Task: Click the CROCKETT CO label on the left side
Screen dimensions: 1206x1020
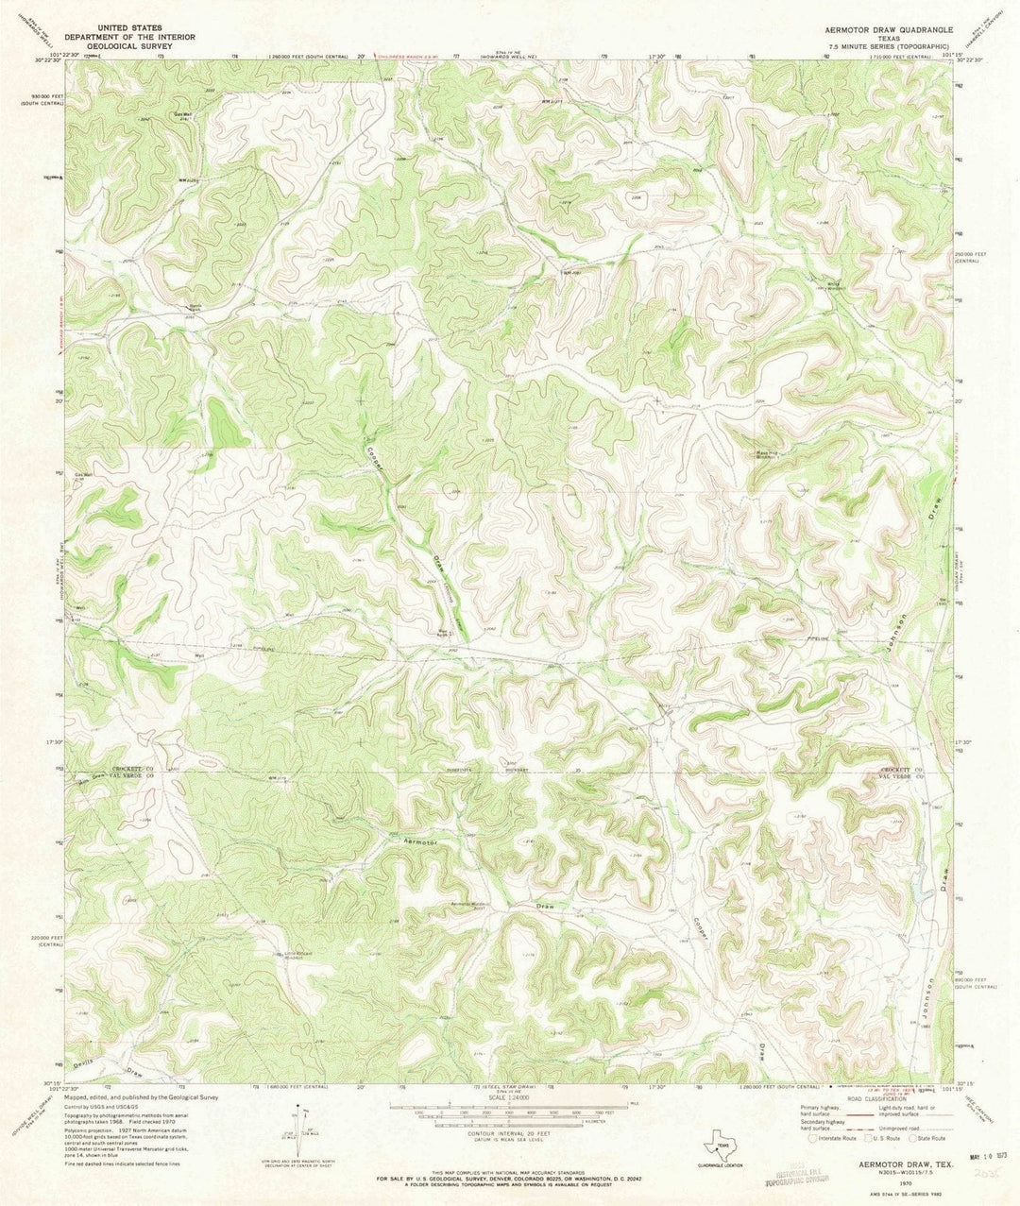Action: coord(130,770)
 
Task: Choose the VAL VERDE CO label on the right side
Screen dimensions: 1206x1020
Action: coord(901,778)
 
